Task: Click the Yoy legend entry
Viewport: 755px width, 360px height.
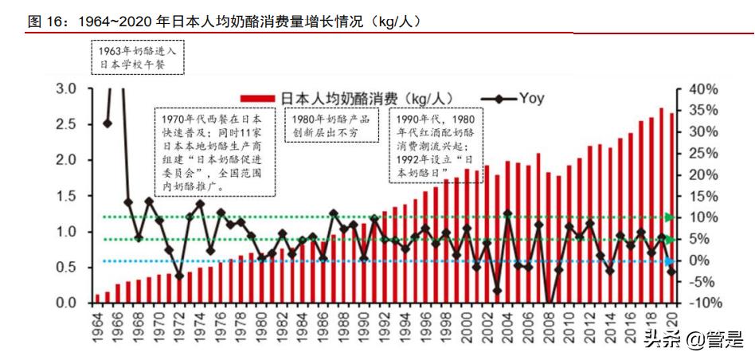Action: (517, 98)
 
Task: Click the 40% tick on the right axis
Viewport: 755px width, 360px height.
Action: (704, 88)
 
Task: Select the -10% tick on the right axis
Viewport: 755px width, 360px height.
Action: (704, 303)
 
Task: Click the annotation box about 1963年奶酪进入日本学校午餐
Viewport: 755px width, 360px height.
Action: (138, 57)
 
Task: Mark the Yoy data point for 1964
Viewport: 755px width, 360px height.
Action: (108, 123)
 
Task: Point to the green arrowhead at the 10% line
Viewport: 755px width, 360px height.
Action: (670, 217)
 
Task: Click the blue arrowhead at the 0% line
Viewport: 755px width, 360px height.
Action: (670, 260)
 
